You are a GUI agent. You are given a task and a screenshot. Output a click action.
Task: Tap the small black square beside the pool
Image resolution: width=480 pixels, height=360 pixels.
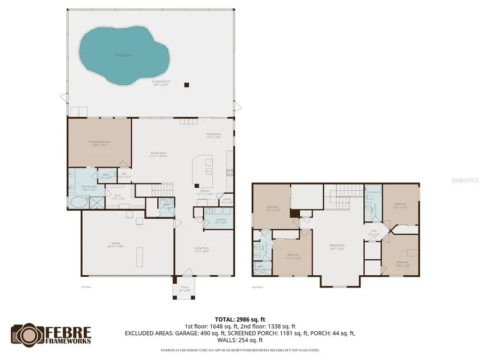[x=186, y=84]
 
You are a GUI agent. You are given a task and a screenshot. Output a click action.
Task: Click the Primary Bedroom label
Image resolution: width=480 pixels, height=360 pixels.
[x=100, y=143]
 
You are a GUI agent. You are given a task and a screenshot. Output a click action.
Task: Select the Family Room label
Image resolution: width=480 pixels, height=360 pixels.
[x=158, y=155]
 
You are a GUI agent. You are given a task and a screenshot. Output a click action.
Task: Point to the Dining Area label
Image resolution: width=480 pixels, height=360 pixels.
[x=213, y=135]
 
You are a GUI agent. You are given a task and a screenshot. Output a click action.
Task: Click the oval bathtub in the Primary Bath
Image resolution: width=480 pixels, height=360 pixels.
[x=79, y=202]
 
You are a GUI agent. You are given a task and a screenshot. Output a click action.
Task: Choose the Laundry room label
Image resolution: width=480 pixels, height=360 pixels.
[x=221, y=220]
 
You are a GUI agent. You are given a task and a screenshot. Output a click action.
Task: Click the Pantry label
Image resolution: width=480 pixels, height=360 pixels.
[x=227, y=201]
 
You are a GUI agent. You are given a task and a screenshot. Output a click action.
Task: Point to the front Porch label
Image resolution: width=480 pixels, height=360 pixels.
[x=185, y=288]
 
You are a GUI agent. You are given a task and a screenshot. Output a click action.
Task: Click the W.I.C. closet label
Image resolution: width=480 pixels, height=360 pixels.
[x=118, y=197]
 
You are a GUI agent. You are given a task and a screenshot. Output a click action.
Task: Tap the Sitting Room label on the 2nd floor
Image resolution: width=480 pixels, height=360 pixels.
[x=337, y=246]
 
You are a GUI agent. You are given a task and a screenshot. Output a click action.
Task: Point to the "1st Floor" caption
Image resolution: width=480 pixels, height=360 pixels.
[x=87, y=287]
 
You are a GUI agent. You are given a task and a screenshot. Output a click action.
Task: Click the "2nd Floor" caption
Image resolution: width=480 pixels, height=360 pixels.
[x=258, y=287]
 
